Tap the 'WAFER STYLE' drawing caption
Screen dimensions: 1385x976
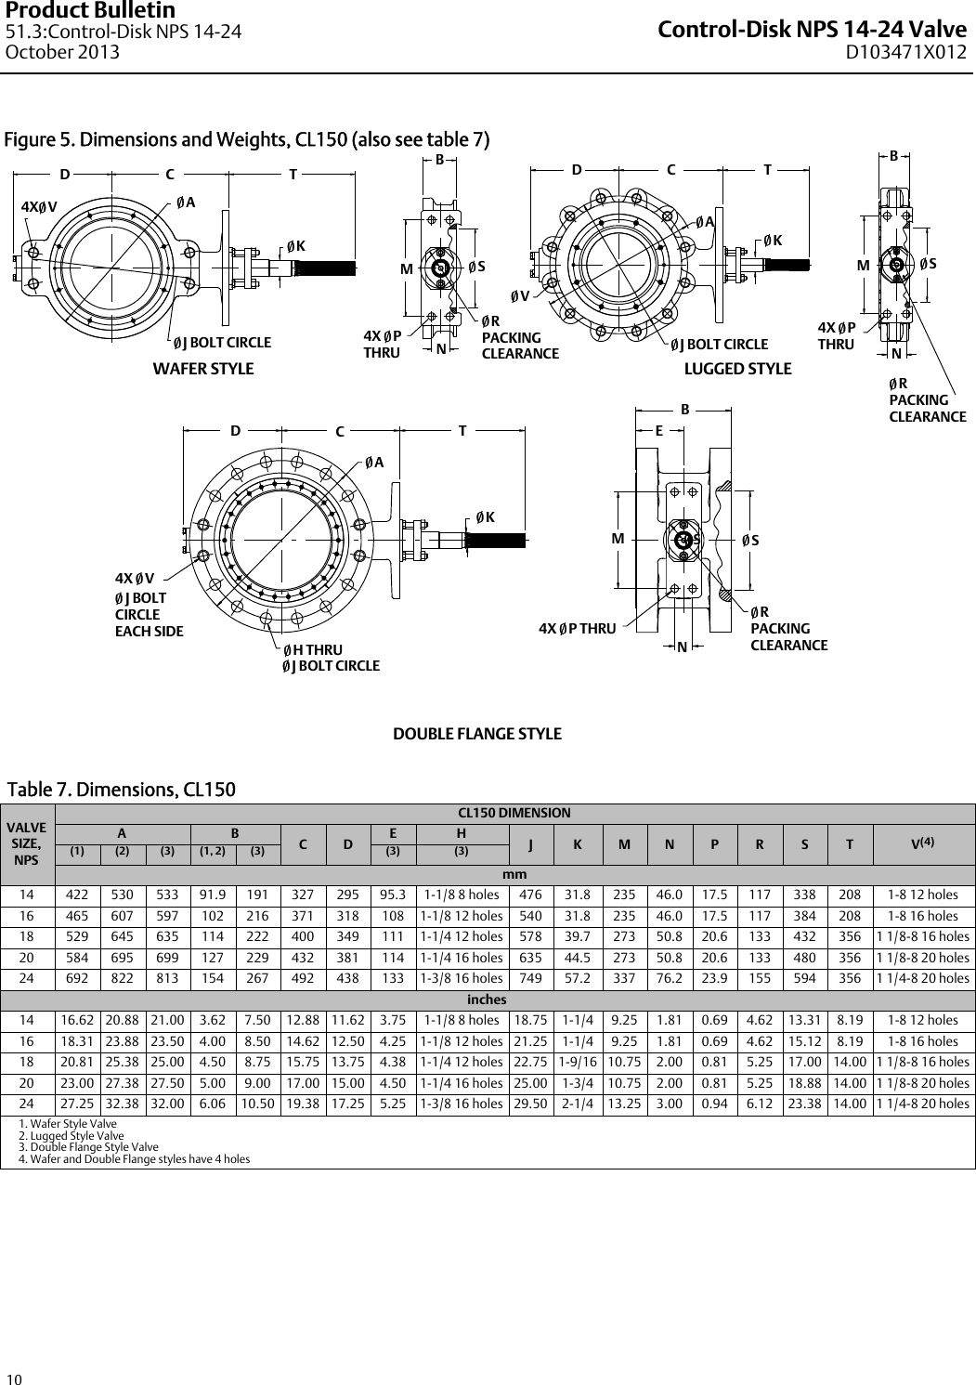point(202,369)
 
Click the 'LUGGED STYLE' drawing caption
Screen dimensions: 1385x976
point(737,369)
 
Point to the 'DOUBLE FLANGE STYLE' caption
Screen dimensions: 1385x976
point(477,734)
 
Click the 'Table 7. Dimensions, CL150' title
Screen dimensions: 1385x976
point(122,790)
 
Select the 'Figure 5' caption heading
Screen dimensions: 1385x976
point(247,140)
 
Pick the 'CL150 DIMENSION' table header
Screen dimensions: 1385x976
point(514,813)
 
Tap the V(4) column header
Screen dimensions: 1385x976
point(922,843)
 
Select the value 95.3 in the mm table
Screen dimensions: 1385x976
point(393,895)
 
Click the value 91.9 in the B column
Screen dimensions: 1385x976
point(214,895)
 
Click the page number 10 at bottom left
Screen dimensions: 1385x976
point(14,1377)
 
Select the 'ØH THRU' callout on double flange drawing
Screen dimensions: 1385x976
point(313,649)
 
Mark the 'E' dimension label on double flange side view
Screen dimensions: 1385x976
point(658,430)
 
